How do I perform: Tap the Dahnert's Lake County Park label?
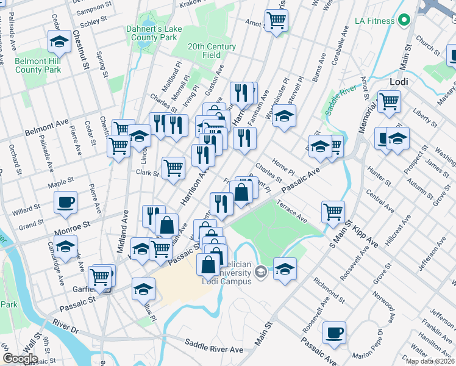click(151, 33)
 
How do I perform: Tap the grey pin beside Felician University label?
click(261, 271)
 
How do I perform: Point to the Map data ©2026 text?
click(430, 361)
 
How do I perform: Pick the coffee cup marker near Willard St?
click(65, 202)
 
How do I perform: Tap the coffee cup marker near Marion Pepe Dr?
click(334, 332)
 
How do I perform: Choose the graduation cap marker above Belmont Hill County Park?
click(59, 42)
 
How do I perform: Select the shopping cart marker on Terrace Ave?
click(333, 212)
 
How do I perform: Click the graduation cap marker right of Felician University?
click(285, 268)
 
